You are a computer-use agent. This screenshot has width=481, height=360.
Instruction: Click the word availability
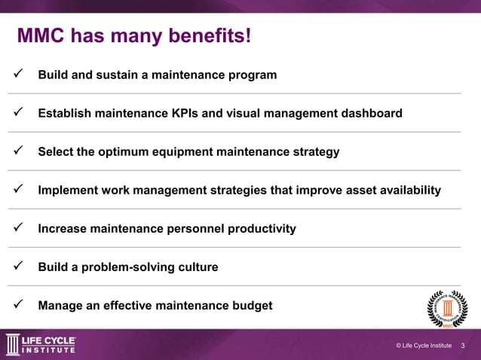(406, 191)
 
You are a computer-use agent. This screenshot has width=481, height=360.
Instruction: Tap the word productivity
(259, 229)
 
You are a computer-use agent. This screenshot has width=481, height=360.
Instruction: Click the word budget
(252, 306)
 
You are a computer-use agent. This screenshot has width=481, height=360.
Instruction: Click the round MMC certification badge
(447, 308)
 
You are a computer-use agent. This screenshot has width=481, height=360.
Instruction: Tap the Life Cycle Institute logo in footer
(41, 344)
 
